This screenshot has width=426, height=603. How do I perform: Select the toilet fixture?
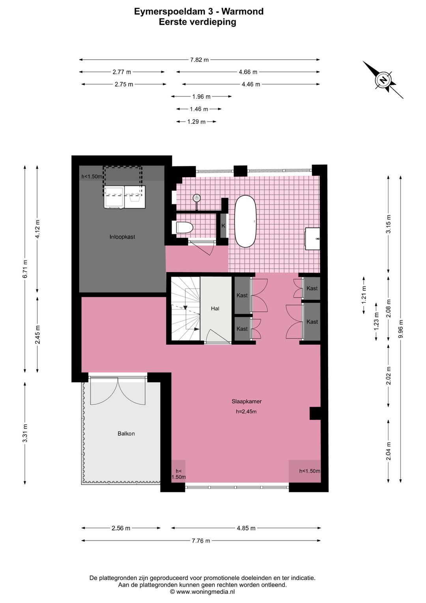[184, 228]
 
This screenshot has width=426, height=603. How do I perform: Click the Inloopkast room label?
[122, 237]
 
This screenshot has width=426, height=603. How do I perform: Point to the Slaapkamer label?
[247, 401]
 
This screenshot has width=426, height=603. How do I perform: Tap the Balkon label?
[126, 433]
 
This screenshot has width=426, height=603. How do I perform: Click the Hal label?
[215, 309]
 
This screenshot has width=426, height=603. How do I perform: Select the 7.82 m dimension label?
[200, 60]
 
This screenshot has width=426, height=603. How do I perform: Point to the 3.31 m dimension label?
[25, 433]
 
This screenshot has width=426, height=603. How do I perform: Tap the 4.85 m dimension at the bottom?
[246, 528]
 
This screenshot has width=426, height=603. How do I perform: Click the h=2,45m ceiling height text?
[246, 411]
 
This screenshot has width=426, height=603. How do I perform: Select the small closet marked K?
[223, 226]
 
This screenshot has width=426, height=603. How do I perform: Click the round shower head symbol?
[196, 198]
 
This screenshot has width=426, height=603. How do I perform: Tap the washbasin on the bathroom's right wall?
[312, 239]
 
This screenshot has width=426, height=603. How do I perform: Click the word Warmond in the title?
[243, 11]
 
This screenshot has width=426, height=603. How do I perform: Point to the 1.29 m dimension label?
[196, 122]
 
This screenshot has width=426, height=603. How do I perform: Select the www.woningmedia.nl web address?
[206, 592]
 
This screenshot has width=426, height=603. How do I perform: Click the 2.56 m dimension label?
[121, 528]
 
